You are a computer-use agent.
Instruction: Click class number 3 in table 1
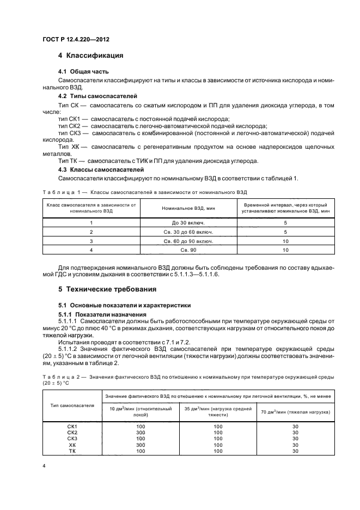pyautogui.click(x=91, y=241)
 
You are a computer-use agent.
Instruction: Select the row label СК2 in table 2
pyautogui.click(x=72, y=432)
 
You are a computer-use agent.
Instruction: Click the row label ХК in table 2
pyautogui.click(x=72, y=444)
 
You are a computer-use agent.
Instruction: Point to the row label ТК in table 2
pyautogui.click(x=72, y=451)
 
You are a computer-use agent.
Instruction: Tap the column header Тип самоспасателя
pyautogui.click(x=72, y=405)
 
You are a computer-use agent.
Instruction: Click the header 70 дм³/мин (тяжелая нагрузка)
pyautogui.click(x=295, y=411)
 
